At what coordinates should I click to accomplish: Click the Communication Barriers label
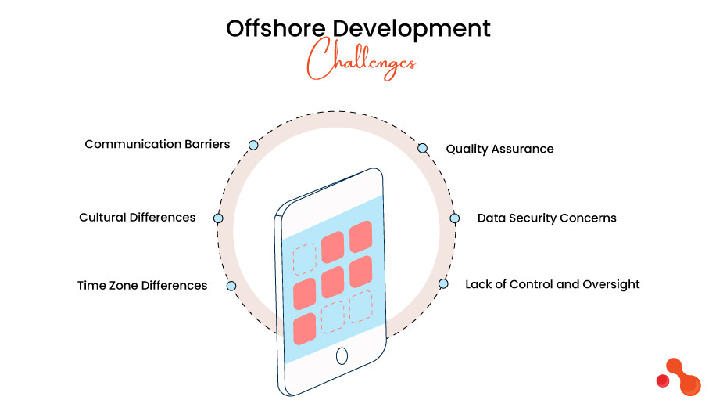point(157,144)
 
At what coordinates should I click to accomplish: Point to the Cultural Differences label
point(138,217)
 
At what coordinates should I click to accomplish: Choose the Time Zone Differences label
point(142,285)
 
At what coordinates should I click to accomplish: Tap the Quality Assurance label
point(499,149)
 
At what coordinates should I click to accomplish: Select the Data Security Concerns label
point(546,218)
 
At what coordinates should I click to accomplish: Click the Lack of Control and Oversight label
point(552,284)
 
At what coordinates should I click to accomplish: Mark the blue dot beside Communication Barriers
point(252,146)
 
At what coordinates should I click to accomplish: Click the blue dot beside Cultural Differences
point(218,218)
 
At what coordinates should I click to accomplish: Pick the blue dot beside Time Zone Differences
point(231,286)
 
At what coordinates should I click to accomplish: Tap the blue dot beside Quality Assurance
point(423,148)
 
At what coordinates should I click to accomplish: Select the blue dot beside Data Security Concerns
point(453,218)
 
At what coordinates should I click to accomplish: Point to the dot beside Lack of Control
point(443,284)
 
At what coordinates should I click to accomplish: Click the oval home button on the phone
point(342,356)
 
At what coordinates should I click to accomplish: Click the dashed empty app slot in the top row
point(305,259)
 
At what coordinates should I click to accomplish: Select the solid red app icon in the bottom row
point(305,329)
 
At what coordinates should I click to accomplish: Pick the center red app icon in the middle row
point(333,282)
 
